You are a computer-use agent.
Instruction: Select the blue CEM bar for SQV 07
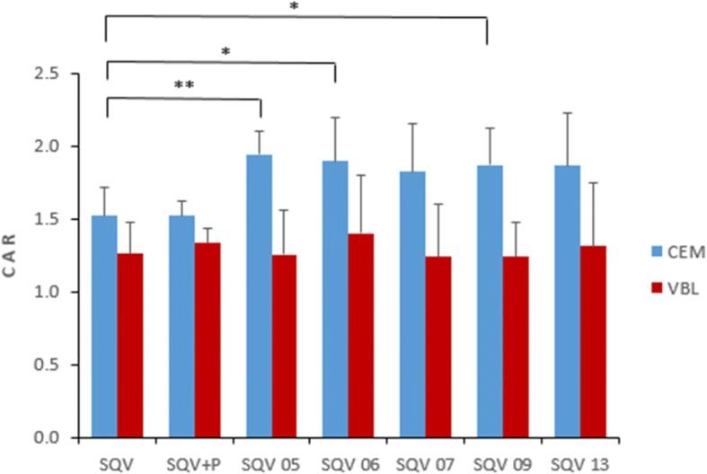pos(413,304)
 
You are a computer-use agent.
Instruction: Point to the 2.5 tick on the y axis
pos(59,73)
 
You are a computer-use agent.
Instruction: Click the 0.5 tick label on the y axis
pos(59,365)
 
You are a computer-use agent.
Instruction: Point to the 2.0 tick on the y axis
pos(59,146)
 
